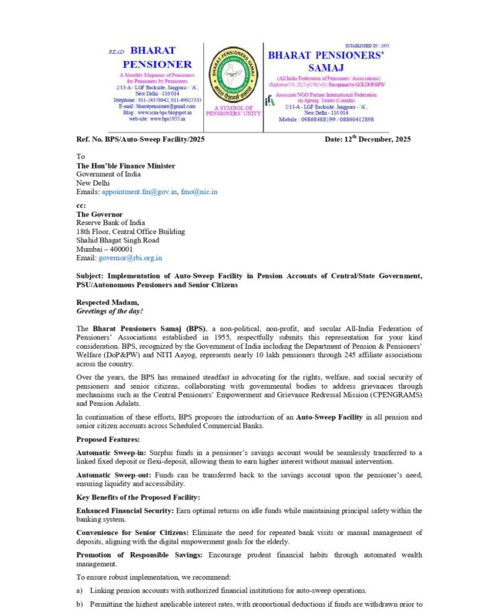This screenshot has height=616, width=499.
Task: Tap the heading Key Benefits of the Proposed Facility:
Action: (138, 497)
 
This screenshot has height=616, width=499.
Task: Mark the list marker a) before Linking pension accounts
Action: (79, 590)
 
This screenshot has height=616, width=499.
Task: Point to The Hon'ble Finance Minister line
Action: (125, 166)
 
